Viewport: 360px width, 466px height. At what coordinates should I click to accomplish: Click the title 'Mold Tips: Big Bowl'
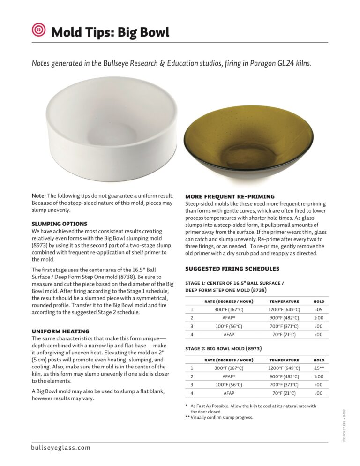coord(110,32)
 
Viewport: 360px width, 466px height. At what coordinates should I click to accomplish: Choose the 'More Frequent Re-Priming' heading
coord(230,196)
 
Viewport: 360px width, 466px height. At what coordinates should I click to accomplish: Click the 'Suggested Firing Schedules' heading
coord(232,269)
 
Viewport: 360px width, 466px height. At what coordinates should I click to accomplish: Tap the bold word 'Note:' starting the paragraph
coord(38,195)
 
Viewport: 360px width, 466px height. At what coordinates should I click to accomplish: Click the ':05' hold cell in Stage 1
coord(318,309)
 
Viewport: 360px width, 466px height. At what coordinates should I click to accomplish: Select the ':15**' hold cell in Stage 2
coord(318,368)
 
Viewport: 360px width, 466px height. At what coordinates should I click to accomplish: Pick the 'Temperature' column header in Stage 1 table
coord(284,301)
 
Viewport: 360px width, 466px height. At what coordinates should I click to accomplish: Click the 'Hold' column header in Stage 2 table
coord(318,360)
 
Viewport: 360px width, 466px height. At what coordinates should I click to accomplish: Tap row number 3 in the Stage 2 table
coord(192,385)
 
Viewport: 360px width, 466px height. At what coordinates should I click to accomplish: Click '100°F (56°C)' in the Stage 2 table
coord(229,385)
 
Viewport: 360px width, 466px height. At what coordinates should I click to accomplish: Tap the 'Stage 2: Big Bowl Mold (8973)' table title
coord(223,348)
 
